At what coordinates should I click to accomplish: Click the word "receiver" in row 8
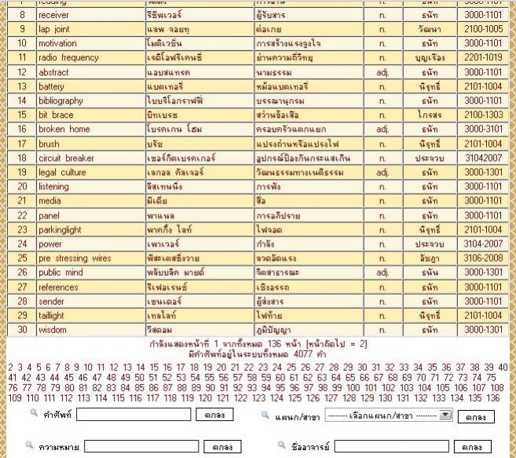53,15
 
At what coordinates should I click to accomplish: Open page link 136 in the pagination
492,398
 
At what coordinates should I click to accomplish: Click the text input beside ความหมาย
141,446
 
